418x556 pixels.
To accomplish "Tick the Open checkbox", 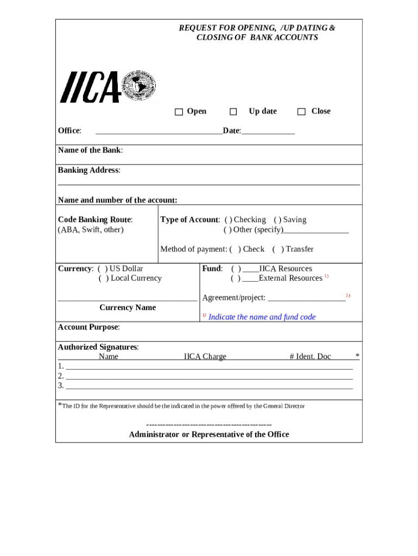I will click(x=179, y=112).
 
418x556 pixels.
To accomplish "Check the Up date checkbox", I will click(x=233, y=112).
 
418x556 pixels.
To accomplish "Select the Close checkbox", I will click(x=301, y=112).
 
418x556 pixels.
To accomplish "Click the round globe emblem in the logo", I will click(x=140, y=87).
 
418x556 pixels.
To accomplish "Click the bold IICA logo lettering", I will click(x=90, y=88).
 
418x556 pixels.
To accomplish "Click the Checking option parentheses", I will click(x=228, y=220).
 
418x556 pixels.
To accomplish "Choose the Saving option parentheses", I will click(x=277, y=220).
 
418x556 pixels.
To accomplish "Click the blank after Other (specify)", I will click(x=316, y=230).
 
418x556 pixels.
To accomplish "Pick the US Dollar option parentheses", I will click(x=103, y=269).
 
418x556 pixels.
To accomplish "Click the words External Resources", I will click(x=290, y=279).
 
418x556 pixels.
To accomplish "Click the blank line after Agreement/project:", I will click(x=307, y=298).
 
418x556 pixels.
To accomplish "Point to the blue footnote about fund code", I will click(x=262, y=317).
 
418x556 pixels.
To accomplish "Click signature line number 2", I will click(x=209, y=376).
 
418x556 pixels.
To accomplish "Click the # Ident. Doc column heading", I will click(x=310, y=357).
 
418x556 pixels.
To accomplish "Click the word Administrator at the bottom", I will click(x=151, y=435).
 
